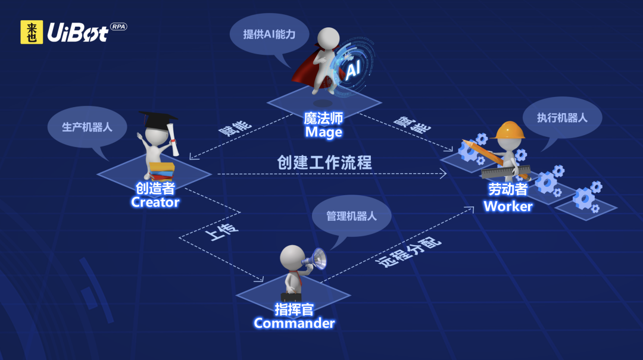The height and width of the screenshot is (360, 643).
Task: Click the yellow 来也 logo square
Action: [32, 32]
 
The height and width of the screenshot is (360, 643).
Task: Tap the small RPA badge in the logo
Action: [118, 27]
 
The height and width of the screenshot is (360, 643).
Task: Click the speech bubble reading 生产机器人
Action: [87, 127]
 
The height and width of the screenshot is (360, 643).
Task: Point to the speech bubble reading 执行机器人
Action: [562, 118]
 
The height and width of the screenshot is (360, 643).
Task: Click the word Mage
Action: [323, 132]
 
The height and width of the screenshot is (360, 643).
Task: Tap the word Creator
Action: [155, 202]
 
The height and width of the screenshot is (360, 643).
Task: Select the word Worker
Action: [507, 206]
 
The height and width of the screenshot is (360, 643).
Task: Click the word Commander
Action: [294, 323]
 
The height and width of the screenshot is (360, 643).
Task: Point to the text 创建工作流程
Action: [324, 162]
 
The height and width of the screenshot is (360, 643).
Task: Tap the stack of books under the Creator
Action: [162, 171]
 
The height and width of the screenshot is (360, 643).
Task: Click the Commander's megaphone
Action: [316, 259]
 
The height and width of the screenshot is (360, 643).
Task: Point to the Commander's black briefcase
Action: [291, 296]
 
